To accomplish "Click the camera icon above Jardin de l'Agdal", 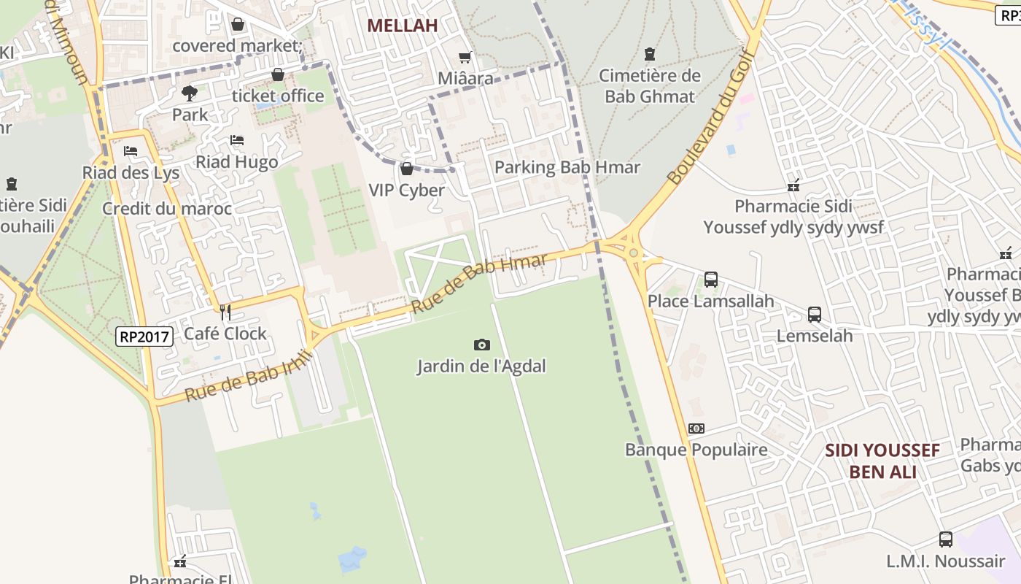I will coord(481,345).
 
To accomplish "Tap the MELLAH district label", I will coord(403,26).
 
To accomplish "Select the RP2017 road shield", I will coord(144,337).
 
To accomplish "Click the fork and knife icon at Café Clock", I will coord(225,312).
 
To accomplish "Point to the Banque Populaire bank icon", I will coord(696,429).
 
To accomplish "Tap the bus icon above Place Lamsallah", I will coord(711,279).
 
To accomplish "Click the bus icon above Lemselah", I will coord(815,315).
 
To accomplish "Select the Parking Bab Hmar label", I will coord(567,167).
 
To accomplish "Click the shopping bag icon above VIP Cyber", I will coord(407,169).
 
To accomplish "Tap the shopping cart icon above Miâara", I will coord(465,57).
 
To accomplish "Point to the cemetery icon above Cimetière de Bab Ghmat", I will coord(650,54).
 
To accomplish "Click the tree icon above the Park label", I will coord(190,93).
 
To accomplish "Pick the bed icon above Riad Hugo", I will coord(237,140).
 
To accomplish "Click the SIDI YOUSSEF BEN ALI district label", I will coord(882,461).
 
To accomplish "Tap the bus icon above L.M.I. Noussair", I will coord(946,539).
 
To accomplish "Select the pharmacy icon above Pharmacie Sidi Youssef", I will coord(793,185).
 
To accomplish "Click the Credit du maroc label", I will coord(167,209).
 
